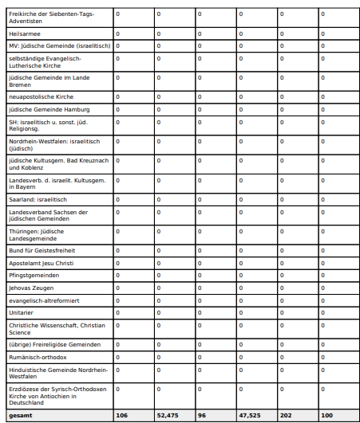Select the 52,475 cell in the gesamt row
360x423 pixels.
coord(168,416)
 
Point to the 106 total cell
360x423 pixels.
coord(122,416)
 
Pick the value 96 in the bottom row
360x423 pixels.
coord(203,416)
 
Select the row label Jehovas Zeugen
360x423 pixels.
coord(32,288)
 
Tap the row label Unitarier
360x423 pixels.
coord(22,312)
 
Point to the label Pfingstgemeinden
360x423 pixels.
coord(34,275)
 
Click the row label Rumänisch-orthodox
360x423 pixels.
coord(38,357)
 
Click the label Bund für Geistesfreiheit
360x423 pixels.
coord(42,250)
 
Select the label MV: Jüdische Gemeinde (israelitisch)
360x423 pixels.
coord(59,46)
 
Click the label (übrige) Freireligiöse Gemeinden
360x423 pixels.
coord(54,344)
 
